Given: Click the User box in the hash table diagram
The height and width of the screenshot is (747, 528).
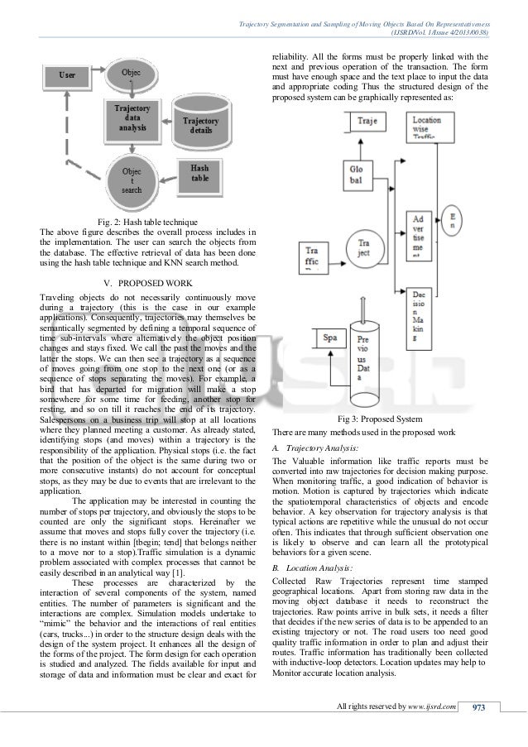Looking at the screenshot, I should tap(66, 74).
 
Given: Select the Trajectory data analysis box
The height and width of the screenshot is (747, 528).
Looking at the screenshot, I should tap(132, 119).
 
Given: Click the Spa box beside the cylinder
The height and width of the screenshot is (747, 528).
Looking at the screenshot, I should tap(329, 338).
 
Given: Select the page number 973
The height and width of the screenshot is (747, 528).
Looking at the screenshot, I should tap(478, 729).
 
